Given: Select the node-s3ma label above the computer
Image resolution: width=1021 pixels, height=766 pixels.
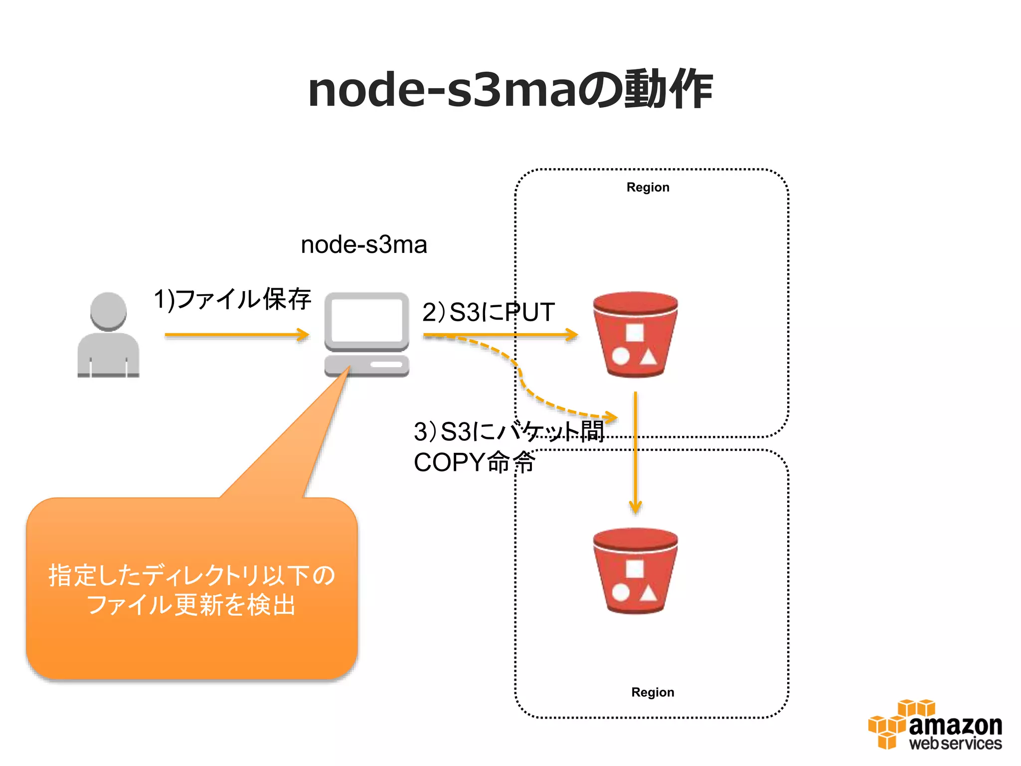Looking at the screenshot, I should pos(364,245).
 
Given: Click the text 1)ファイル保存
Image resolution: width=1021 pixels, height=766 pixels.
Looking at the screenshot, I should pos(232,299).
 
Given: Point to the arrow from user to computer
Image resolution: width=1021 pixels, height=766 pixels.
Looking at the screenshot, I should pos(237,335).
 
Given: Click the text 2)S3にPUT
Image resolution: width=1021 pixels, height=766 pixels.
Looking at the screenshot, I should pos(488,312).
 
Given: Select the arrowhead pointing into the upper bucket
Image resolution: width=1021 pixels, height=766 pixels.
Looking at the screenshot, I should pos(571,335).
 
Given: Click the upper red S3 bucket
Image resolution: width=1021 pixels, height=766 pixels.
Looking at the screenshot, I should pos(635,334).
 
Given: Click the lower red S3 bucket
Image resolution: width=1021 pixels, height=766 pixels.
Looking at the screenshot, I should pos(635,571).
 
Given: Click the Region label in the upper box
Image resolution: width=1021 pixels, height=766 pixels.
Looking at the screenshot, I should pos(648,188).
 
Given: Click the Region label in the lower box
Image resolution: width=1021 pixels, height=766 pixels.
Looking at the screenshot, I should pos(652,692).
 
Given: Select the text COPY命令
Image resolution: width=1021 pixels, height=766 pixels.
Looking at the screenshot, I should pos(474,462).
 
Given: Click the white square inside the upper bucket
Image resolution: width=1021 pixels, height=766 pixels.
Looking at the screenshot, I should pos(635,332).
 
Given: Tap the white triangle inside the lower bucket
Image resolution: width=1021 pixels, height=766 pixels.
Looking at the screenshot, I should pos(648,593).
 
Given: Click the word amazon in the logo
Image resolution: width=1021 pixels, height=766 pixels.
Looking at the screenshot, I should pos(955,726).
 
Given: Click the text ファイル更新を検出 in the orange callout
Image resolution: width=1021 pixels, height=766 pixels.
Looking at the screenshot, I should pos(191,605).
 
